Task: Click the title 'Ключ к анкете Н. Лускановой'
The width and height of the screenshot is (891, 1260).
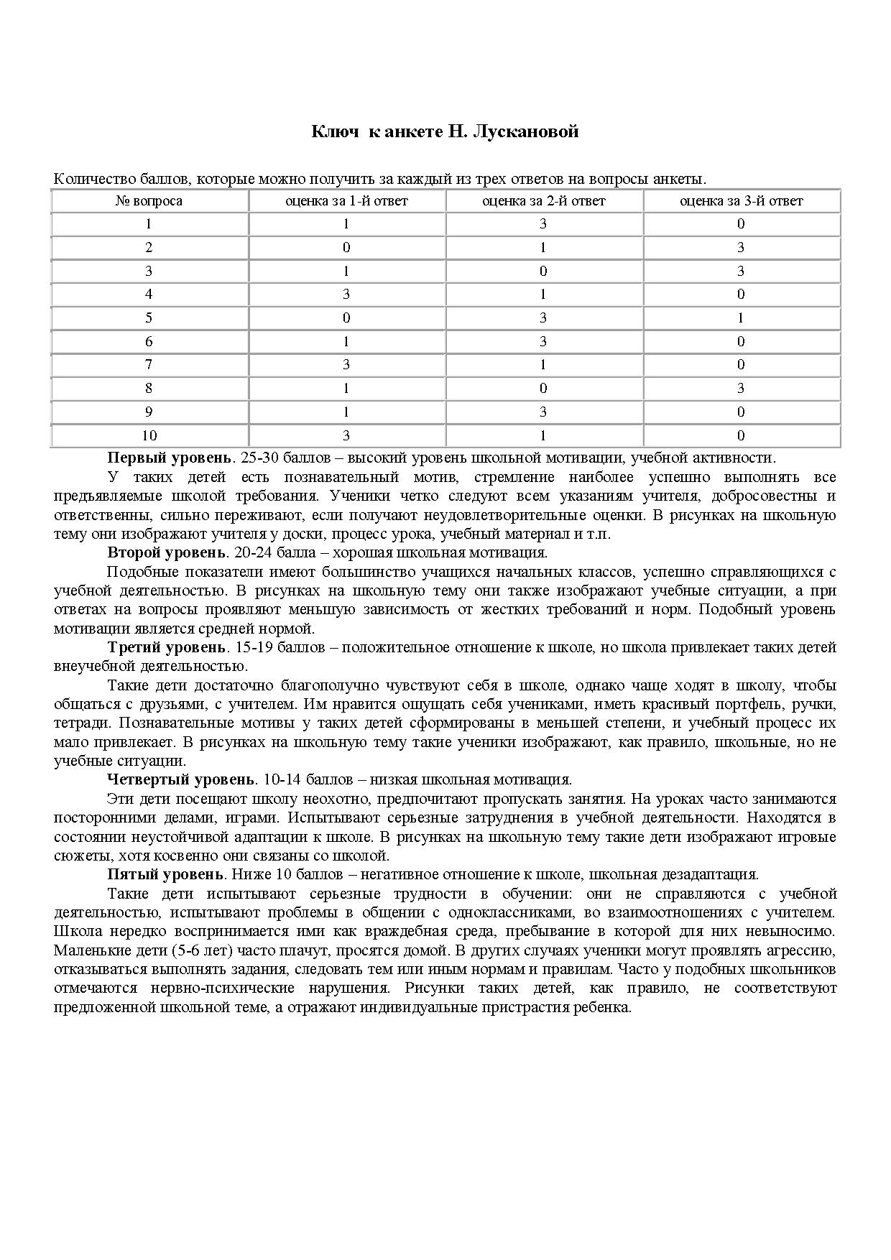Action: (x=445, y=131)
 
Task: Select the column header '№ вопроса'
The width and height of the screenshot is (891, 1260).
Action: (x=149, y=201)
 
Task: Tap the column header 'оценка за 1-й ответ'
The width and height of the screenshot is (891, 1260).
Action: (x=346, y=201)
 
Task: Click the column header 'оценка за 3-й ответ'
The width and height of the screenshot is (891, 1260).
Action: (x=741, y=201)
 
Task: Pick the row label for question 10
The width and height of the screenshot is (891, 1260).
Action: (x=149, y=435)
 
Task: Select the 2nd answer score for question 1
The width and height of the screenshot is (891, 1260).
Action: (x=543, y=223)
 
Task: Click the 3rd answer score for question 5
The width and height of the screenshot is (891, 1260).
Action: (x=741, y=318)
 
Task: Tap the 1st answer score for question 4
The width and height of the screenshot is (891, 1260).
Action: (x=346, y=294)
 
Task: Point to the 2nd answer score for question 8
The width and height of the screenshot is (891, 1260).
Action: (x=543, y=388)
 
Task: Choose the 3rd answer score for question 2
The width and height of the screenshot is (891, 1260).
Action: (x=741, y=247)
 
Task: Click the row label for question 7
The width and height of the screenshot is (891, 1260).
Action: (x=149, y=364)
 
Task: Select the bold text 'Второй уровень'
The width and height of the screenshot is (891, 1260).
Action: (x=167, y=552)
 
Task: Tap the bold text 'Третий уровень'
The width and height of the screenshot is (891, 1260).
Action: (x=167, y=647)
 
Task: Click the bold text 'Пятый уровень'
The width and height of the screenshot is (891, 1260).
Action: (x=165, y=874)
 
